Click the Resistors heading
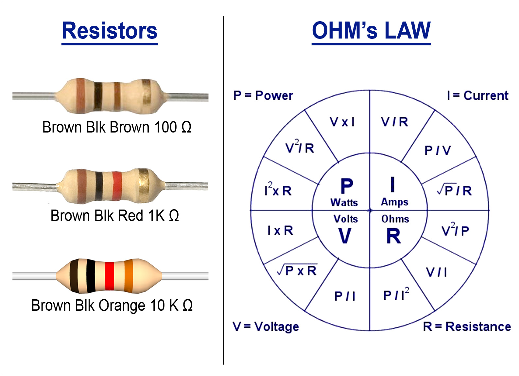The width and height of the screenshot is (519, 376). (110, 31)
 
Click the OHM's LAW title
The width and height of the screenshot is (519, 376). (371, 31)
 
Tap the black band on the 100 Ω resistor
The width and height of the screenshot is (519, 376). (98, 96)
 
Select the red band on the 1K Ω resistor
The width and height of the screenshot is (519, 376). (117, 186)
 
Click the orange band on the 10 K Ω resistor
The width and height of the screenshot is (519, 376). (129, 276)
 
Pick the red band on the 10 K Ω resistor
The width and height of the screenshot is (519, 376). (110, 276)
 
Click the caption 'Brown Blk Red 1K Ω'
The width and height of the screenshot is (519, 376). (115, 215)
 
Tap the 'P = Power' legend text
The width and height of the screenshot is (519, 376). (263, 96)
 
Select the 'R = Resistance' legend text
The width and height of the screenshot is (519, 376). (467, 326)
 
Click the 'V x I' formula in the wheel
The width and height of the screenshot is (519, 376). (342, 122)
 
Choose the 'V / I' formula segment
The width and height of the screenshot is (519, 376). (436, 272)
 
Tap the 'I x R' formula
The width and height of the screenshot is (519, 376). (280, 230)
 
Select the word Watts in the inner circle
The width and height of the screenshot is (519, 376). (344, 203)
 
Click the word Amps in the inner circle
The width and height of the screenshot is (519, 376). (395, 202)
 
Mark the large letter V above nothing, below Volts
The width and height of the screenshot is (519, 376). (345, 236)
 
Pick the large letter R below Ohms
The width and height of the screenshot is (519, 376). (394, 236)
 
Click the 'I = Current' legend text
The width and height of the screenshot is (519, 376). (478, 96)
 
